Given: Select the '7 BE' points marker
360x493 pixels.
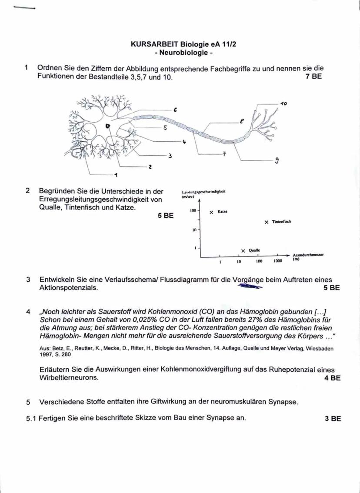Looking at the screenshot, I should [x=313, y=77].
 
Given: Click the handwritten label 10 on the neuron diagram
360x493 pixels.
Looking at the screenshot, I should [x=283, y=104].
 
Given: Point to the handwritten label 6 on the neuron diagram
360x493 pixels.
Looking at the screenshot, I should [x=175, y=110].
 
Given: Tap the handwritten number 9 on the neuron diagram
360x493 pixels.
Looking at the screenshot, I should [x=277, y=160].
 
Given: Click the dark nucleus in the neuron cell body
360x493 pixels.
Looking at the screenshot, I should [x=107, y=126].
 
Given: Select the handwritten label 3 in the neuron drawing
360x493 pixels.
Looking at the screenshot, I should [x=170, y=155].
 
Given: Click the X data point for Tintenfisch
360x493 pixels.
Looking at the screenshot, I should [x=267, y=222].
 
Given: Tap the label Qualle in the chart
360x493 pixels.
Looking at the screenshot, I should [x=254, y=250].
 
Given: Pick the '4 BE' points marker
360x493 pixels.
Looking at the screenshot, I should [x=332, y=378].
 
